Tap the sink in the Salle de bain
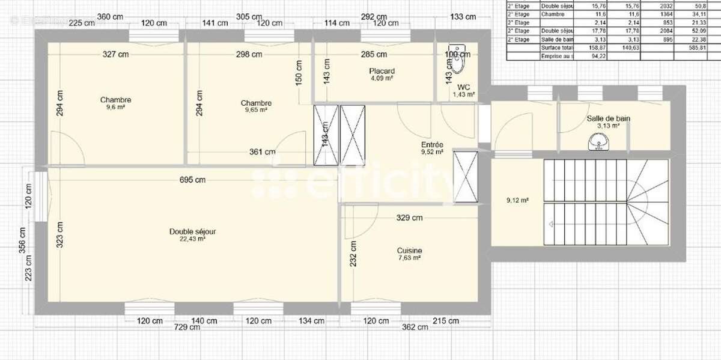coord(598,141)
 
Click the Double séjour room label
coord(192,231)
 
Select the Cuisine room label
coord(409,251)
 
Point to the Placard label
coord(382,71)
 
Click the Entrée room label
coord(432,145)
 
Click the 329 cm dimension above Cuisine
coord(409,218)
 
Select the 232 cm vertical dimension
coord(353,254)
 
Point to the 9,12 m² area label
coord(517,201)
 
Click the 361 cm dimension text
coord(263,152)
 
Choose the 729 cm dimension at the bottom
coord(187,328)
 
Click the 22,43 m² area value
coord(192,239)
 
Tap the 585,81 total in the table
coord(694,46)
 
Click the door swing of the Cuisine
coord(360,221)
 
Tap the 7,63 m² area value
coord(409,258)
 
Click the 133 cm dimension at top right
coord(463,17)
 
